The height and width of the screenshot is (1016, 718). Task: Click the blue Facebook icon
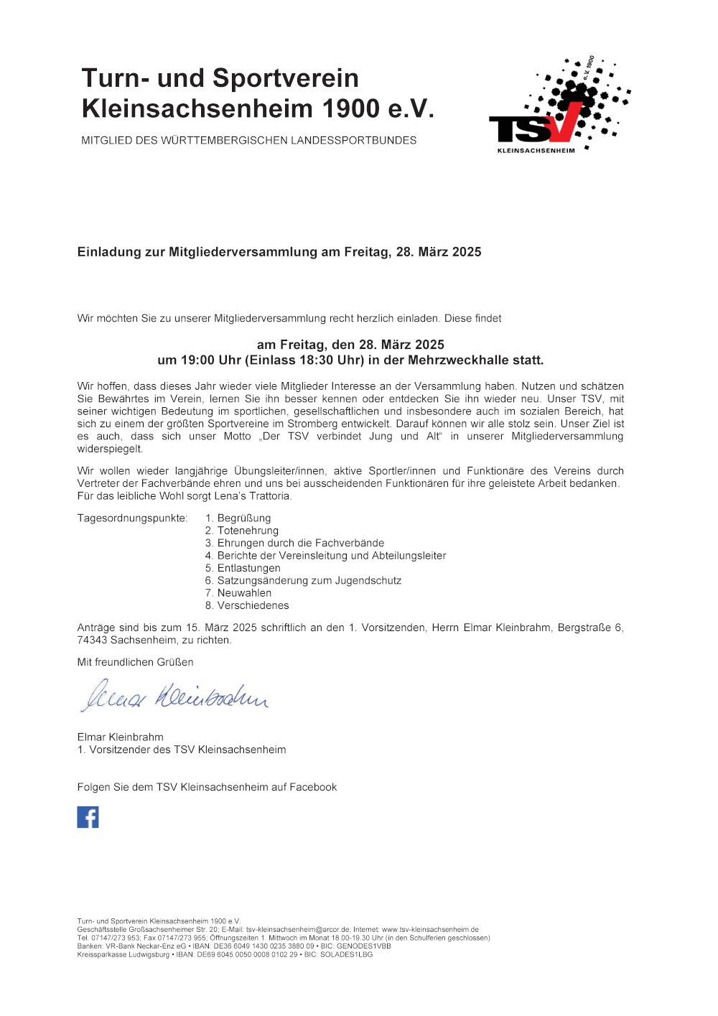[88, 817]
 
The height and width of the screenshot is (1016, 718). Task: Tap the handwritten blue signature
[174, 696]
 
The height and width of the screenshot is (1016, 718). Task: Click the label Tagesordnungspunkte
[132, 518]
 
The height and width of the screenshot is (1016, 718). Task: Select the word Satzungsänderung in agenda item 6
[263, 581]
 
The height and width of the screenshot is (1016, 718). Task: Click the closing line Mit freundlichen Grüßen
[135, 662]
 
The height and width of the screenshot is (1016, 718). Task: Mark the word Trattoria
[270, 496]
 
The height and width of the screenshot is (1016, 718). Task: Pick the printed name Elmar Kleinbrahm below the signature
[120, 737]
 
